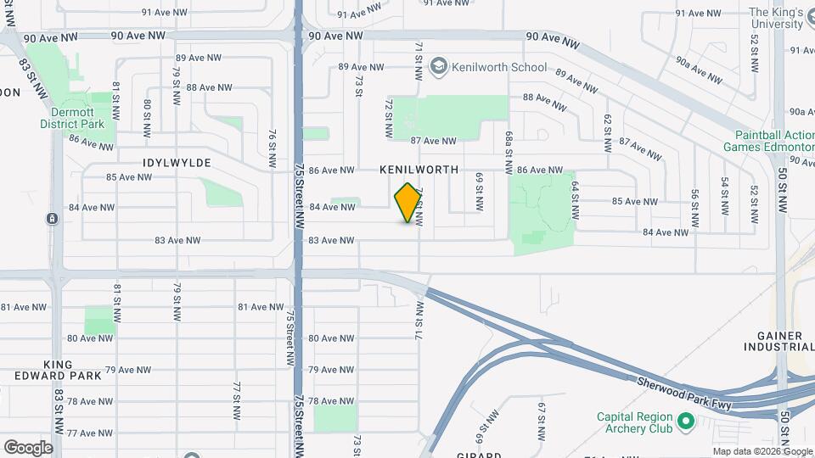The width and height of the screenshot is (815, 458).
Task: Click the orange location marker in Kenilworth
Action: [408, 203]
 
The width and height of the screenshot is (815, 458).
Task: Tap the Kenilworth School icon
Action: [439, 66]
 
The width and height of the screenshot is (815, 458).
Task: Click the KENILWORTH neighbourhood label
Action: [419, 170]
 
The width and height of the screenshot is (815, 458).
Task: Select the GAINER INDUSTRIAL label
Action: [778, 341]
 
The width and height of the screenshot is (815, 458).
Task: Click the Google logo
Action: [28, 447]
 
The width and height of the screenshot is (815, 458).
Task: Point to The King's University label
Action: [775, 18]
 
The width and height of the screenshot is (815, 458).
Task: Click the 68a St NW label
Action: [509, 146]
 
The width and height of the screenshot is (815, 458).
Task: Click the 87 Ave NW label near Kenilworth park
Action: [433, 141]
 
